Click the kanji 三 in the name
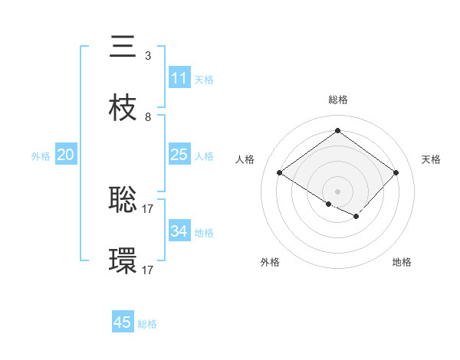tap(123, 47)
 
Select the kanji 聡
tap(123, 199)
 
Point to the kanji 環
tap(123, 261)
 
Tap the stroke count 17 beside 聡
tap(149, 208)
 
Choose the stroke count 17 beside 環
tap(149, 270)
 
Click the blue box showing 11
tap(179, 78)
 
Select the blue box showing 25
tap(179, 155)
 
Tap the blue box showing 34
tap(179, 231)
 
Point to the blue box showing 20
tap(65, 155)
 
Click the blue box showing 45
tap(122, 322)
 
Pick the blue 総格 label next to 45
tap(147, 324)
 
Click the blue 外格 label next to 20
tap(41, 156)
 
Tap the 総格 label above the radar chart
tap(337, 100)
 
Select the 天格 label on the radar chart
tap(431, 159)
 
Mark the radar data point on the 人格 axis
tap(280, 173)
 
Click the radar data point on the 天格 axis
tap(396, 173)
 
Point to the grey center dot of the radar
tap(337, 191)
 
